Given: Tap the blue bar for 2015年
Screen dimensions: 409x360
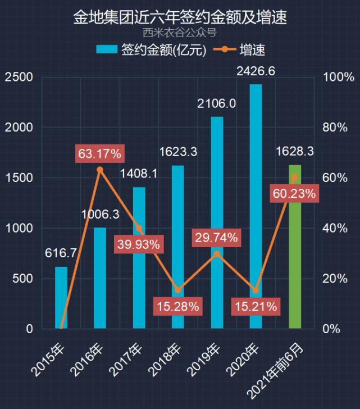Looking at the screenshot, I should [x=61, y=298].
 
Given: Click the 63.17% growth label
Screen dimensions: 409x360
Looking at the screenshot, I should [x=100, y=153].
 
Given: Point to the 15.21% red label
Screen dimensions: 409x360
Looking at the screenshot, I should [x=256, y=307].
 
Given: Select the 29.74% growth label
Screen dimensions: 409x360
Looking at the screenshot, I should [x=217, y=238].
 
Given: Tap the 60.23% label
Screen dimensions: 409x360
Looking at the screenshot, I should [x=294, y=194].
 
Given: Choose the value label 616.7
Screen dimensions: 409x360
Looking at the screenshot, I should [x=61, y=253].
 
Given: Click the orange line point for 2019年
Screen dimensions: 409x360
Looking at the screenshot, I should [x=217, y=254].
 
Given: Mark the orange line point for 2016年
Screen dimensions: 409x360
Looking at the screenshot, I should [x=100, y=170].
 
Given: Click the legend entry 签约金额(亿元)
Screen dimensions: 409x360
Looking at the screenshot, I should [x=152, y=49].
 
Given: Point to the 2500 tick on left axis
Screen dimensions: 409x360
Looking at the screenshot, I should [x=19, y=77].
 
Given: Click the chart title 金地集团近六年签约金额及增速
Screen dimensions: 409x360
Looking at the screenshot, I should [x=180, y=17].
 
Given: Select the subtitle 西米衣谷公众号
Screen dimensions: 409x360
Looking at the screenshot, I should [x=180, y=33].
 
